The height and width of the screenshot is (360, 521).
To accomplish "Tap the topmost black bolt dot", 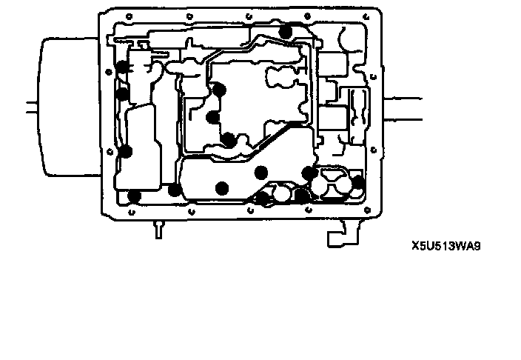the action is [x=286, y=31].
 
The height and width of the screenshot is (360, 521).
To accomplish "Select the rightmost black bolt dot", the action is [x=357, y=182].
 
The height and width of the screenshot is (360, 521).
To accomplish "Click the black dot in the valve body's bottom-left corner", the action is [x=134, y=196].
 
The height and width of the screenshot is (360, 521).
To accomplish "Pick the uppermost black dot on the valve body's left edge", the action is [x=122, y=68].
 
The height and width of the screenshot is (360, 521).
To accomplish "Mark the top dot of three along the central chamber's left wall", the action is [x=219, y=90].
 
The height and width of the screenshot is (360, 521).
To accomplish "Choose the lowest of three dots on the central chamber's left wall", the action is [x=229, y=139].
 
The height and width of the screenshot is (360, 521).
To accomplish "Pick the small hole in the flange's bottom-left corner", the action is [x=130, y=212].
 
